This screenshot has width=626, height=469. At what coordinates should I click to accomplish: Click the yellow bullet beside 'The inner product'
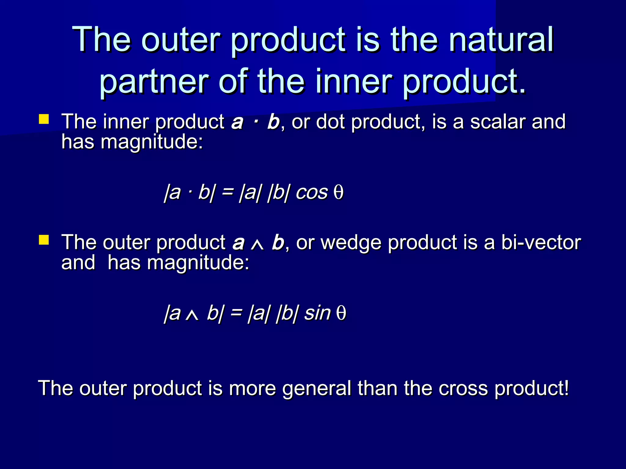click(x=44, y=119)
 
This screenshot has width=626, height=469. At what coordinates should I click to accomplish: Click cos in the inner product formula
click(x=311, y=193)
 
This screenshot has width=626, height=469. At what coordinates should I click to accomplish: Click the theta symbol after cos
click(x=338, y=193)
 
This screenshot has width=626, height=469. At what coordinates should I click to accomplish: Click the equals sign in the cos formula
click(x=227, y=193)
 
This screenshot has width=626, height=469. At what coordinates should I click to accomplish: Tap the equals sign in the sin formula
click(x=236, y=313)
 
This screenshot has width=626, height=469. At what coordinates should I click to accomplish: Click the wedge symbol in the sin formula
click(x=192, y=315)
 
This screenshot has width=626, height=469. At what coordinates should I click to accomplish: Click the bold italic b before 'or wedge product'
click(x=278, y=242)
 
